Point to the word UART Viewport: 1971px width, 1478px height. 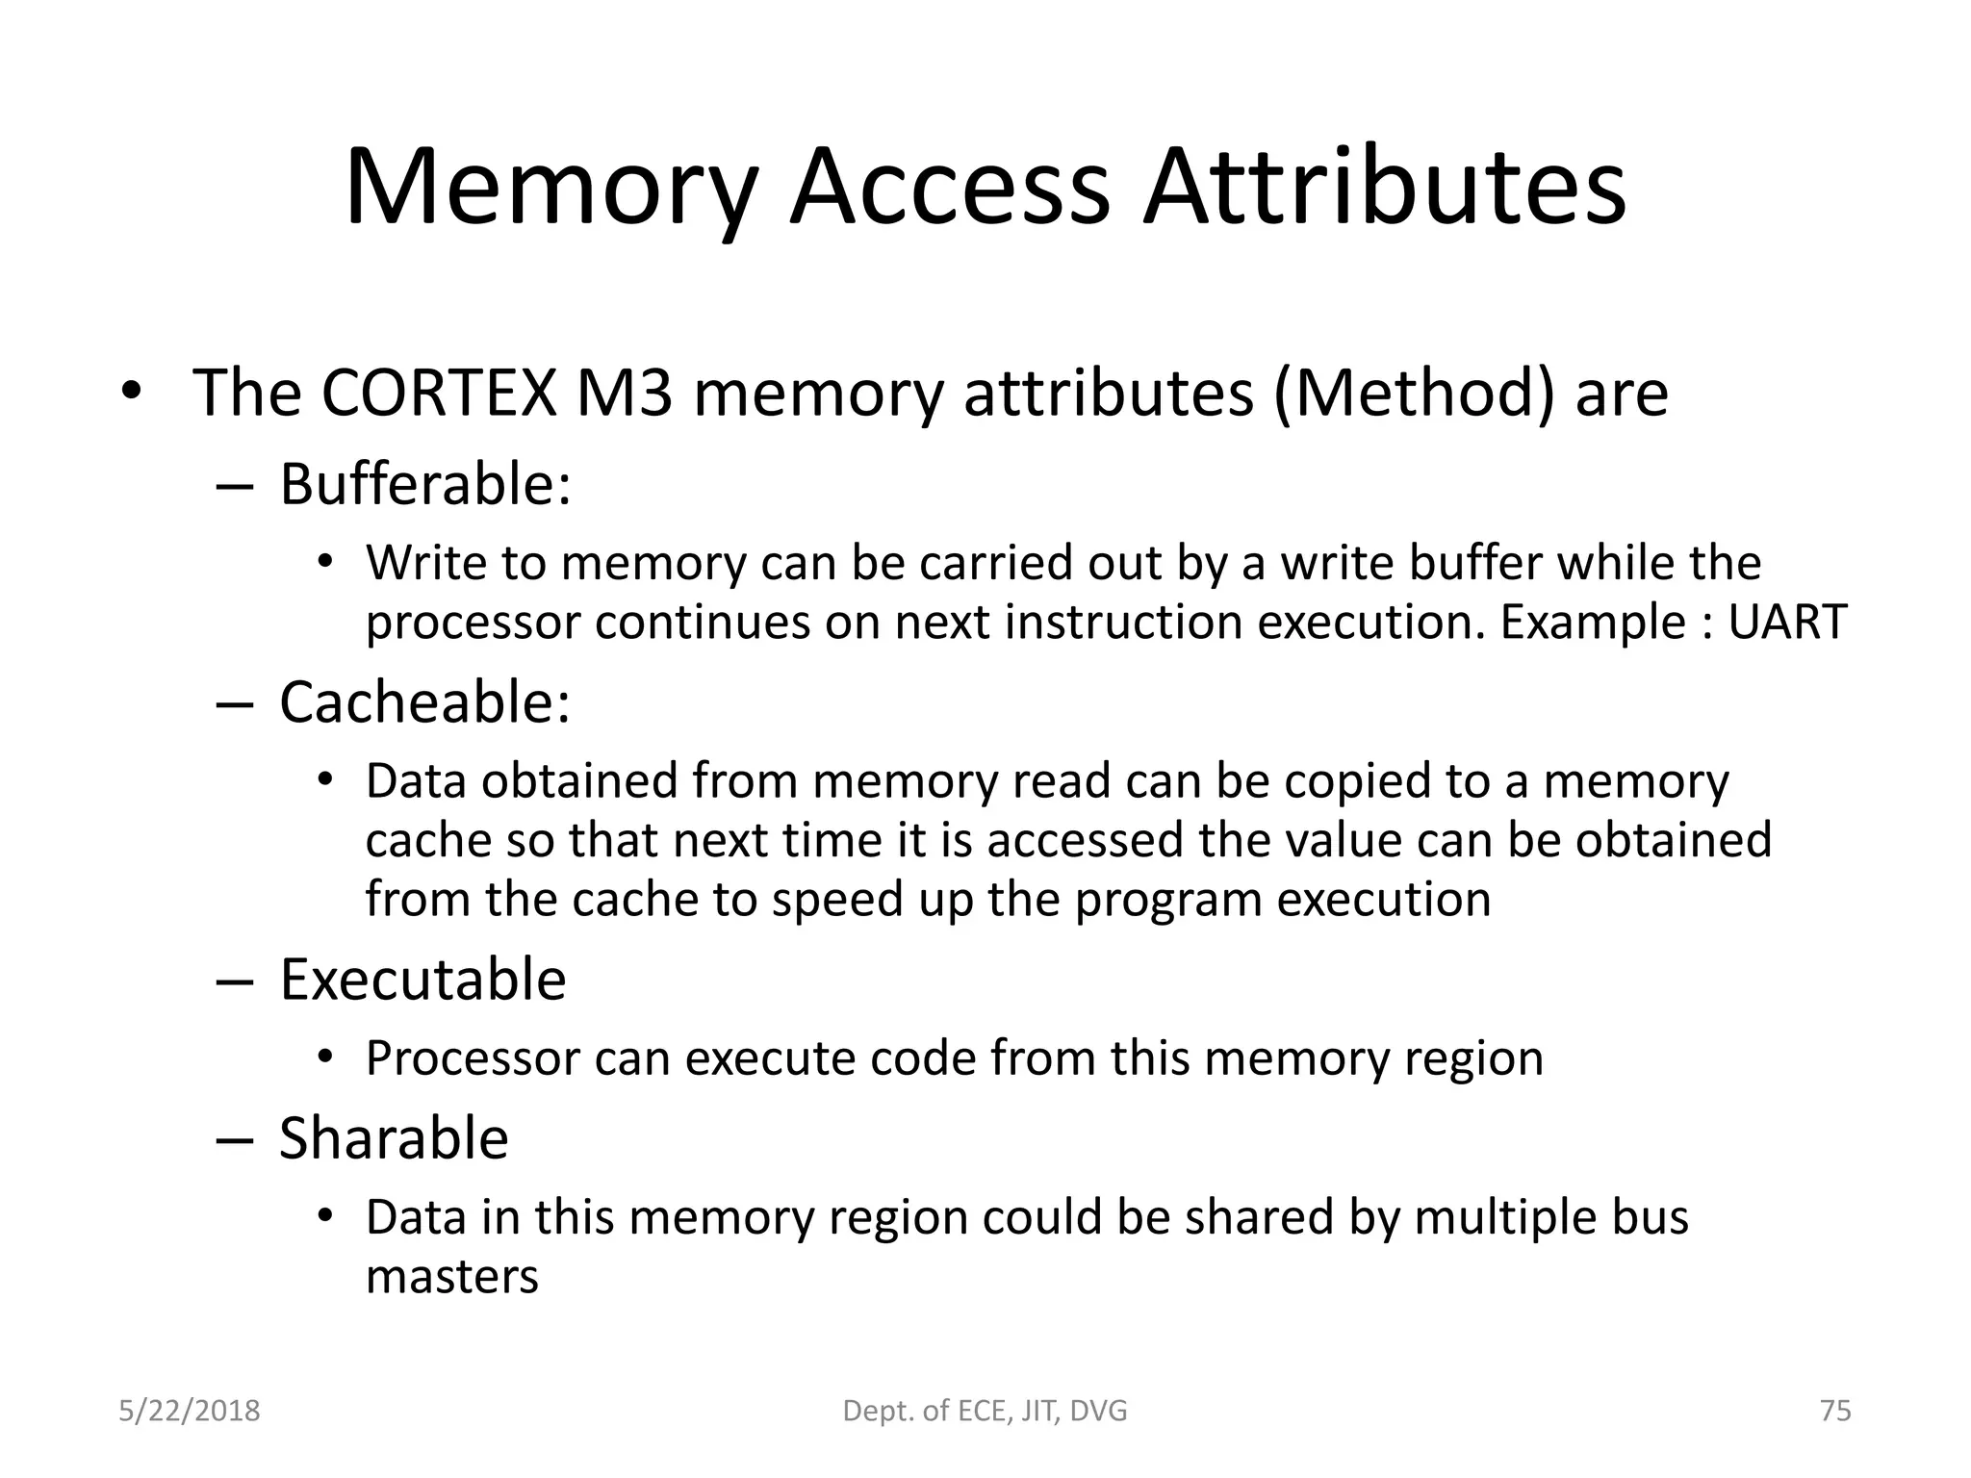1787,622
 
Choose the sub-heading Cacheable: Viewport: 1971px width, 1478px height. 424,702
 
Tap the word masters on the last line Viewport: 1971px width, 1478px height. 452,1277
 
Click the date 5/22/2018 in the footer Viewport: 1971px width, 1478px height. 190,1411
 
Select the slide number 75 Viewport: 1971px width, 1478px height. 1835,1411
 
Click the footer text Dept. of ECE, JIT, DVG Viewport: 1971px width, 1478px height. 985,1411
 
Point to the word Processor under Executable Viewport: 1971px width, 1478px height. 471,1058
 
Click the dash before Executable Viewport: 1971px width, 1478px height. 234,981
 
